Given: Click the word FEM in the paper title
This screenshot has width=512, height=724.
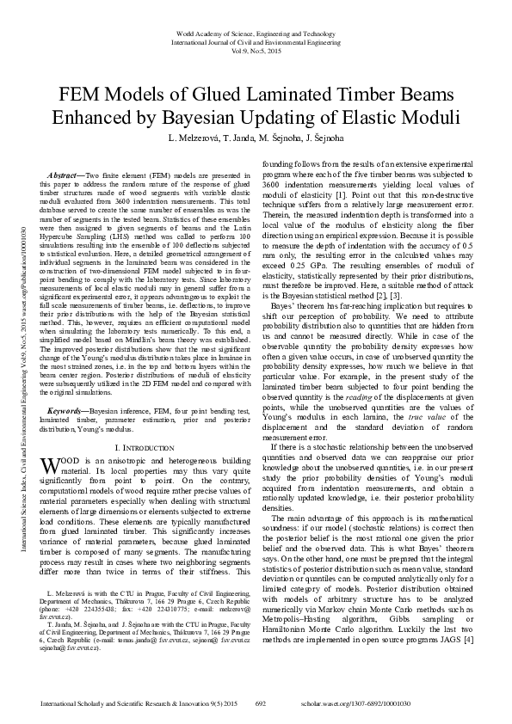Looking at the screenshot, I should (80, 93).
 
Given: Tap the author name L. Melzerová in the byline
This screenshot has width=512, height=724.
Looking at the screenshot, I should (195, 138).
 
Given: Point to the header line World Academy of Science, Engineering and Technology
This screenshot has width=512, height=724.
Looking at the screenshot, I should (256, 32).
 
